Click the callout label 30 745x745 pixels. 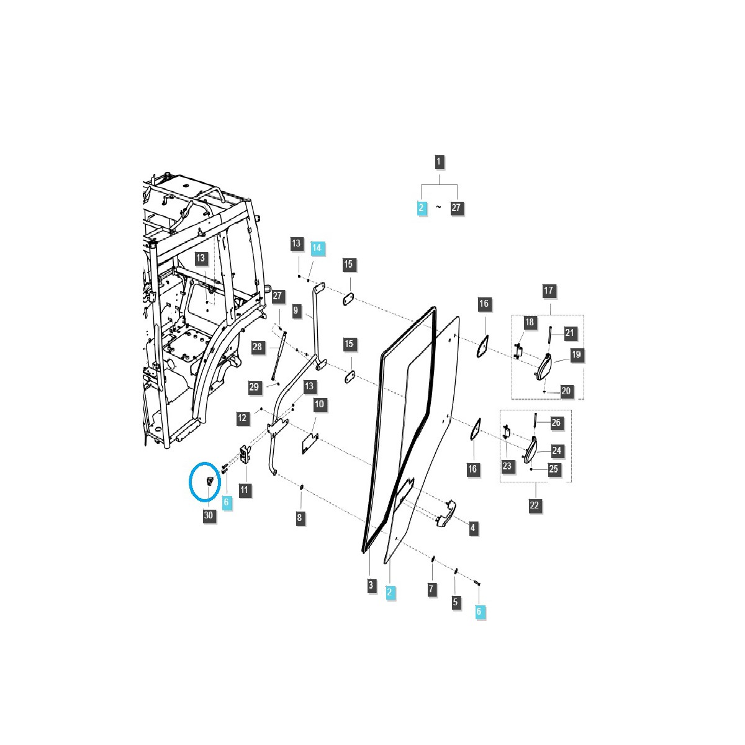point(209,515)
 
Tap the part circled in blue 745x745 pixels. point(210,481)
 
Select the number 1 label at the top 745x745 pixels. point(438,161)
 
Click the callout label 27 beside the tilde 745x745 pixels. point(456,207)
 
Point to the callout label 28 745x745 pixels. point(257,347)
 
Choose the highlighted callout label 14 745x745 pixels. point(317,247)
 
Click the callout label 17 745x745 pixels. point(549,291)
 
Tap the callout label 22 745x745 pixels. point(535,505)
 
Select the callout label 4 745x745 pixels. point(473,527)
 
